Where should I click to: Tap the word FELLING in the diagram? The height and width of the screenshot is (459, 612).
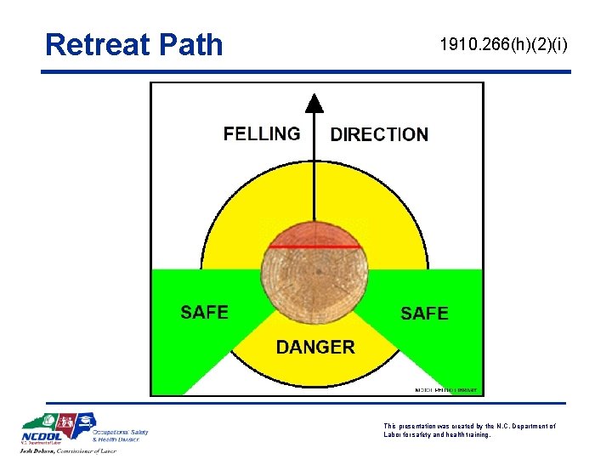point(262,133)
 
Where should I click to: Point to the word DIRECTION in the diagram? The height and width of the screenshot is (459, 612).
point(379,134)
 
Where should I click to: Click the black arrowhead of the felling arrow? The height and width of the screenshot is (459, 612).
point(315,103)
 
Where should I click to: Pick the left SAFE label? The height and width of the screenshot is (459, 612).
point(204,312)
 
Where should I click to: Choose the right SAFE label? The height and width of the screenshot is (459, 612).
point(424,313)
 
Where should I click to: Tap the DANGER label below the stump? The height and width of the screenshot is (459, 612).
point(315,347)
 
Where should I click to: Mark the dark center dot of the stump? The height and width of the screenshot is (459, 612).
point(316,272)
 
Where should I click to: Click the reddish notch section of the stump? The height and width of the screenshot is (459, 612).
point(315,235)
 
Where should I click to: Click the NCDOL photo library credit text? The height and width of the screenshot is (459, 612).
point(445,390)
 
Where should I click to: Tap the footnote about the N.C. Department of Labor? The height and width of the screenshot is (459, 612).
point(469,430)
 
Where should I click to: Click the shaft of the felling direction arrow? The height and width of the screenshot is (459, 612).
point(315,170)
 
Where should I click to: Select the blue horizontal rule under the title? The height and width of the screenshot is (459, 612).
point(306,72)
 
